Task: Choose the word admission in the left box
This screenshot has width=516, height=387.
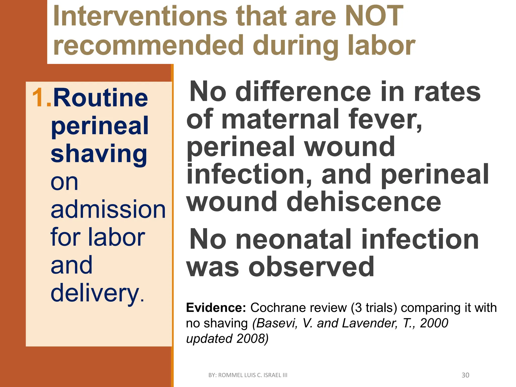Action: (x=108, y=209)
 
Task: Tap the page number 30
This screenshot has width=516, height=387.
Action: (x=465, y=375)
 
